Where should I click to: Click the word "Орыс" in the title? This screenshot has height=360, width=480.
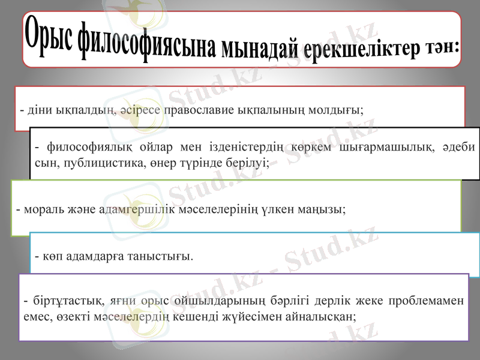[x=51, y=33]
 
